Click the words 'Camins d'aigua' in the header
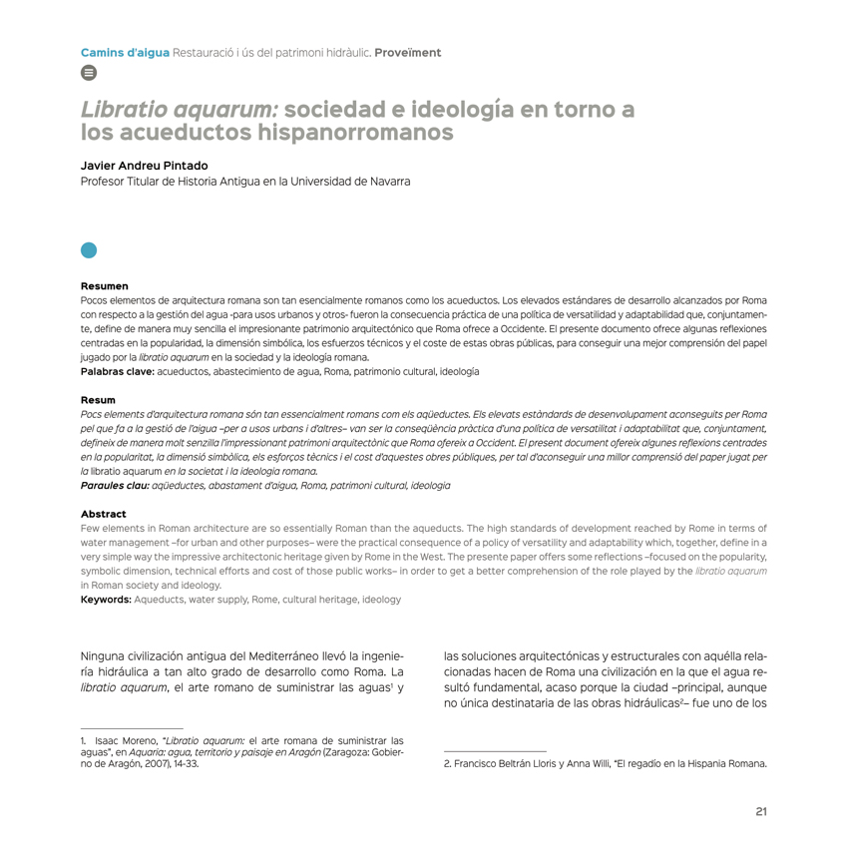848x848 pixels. [x=125, y=51]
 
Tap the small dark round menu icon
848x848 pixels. [x=88, y=73]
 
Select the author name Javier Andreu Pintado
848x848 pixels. [x=145, y=166]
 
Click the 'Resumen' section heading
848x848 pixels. [x=104, y=286]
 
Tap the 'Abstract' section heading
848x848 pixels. [x=104, y=515]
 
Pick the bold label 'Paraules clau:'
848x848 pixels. [x=113, y=485]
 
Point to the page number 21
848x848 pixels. [x=760, y=811]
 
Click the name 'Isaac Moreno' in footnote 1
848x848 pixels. [x=127, y=741]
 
